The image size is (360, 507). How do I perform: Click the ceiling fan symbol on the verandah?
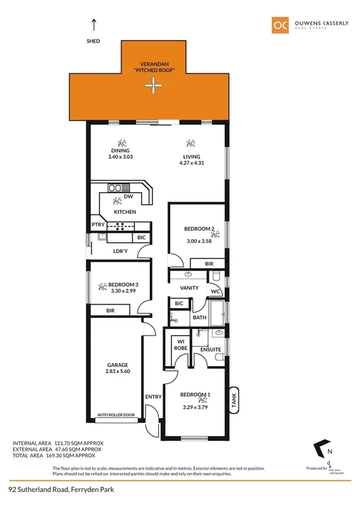[x=154, y=88]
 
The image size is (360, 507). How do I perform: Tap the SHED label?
[x=93, y=41]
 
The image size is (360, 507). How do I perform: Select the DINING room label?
[x=121, y=151]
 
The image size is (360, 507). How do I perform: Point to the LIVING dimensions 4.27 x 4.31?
[x=190, y=163]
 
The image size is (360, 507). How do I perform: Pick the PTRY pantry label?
[x=98, y=224]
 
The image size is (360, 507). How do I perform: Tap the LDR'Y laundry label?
[x=120, y=251]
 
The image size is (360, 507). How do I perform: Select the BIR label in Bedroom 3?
[x=111, y=310]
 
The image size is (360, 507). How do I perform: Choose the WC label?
[x=215, y=291]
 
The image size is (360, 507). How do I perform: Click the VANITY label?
[x=189, y=288]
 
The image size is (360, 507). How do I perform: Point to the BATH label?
[x=199, y=317]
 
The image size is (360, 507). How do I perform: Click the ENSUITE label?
[x=211, y=349]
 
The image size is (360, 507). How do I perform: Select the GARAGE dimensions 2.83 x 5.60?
[x=117, y=372]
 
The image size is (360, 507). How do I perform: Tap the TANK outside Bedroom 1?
[x=234, y=399]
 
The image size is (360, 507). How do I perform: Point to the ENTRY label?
[x=153, y=397]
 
